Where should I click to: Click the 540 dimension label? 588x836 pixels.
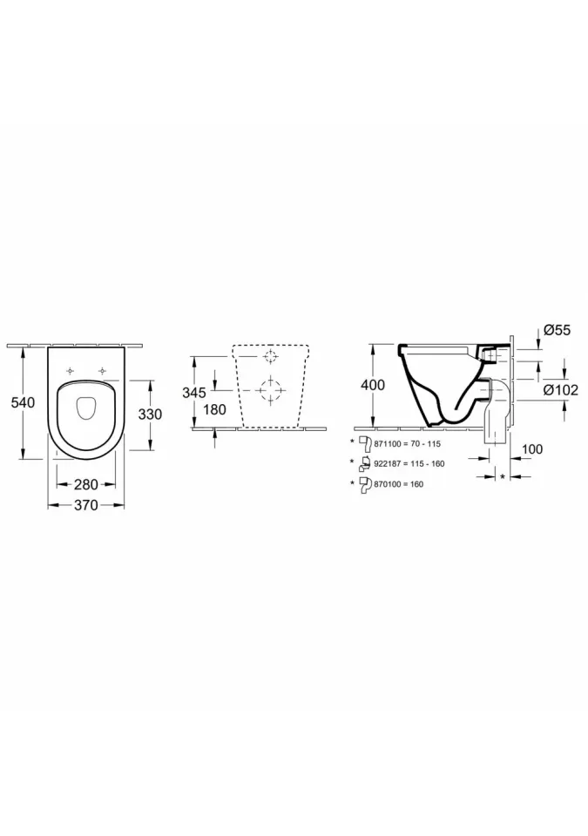(23, 402)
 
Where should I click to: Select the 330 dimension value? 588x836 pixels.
(150, 414)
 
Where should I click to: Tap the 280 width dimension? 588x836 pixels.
(86, 484)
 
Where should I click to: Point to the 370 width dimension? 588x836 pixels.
(86, 504)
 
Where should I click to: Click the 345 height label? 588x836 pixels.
(194, 393)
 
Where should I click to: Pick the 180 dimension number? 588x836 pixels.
(214, 409)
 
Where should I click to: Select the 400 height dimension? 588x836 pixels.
(373, 384)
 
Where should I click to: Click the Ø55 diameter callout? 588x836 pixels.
(557, 330)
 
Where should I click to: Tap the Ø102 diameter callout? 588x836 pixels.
(561, 390)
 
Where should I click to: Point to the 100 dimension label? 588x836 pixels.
(532, 449)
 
